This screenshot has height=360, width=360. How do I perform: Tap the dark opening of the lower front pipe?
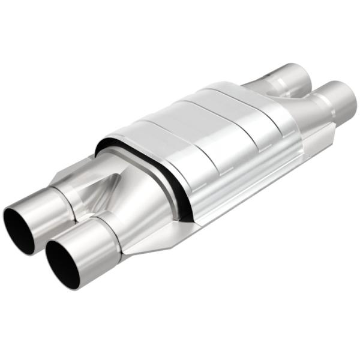coord(64,258)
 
